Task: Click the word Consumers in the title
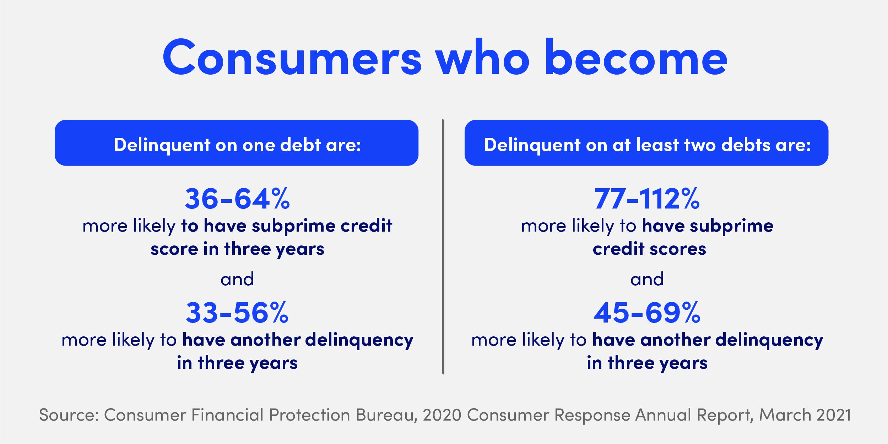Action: [x=292, y=58]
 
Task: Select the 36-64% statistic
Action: [x=237, y=199]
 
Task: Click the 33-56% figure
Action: [x=237, y=313]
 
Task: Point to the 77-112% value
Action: [x=647, y=199]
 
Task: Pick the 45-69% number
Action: [x=647, y=313]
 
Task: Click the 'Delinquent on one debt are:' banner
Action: [x=237, y=143]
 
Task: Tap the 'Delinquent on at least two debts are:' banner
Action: [x=646, y=143]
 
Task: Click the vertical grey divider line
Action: [x=443, y=247]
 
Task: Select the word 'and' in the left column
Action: [x=237, y=279]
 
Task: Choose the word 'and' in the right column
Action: [x=647, y=279]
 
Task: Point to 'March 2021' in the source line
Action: [x=805, y=415]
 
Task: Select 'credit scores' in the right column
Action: [x=649, y=249]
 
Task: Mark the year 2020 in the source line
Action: [x=442, y=415]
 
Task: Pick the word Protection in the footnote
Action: [x=309, y=415]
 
